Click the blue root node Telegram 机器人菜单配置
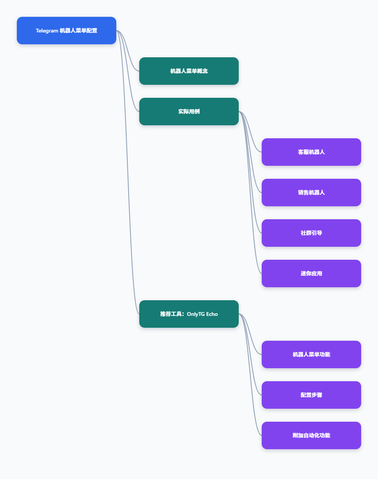[67, 31]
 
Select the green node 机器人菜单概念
[189, 71]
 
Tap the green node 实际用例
[189, 112]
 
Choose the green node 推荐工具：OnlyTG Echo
[189, 314]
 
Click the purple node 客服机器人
[311, 152]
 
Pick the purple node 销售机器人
[311, 193]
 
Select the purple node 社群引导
[311, 233]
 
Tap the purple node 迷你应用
[311, 273]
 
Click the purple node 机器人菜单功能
[311, 354]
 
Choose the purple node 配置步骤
[311, 395]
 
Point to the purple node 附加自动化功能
[311, 435]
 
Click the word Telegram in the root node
[47, 31]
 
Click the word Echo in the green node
[212, 314]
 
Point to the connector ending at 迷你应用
[250, 193]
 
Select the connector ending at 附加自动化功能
[250, 375]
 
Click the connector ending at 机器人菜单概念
[128, 51]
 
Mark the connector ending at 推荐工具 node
[128, 172]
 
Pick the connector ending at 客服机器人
[250, 132]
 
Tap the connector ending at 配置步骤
[250, 354]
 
